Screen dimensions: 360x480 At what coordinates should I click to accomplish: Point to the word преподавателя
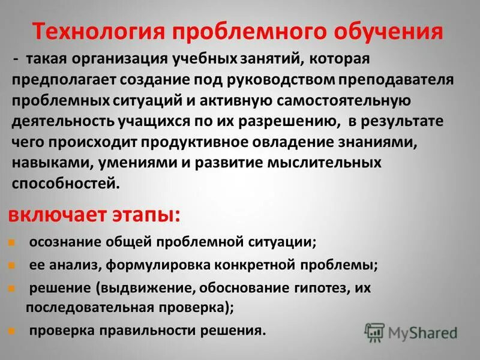pos(387,79)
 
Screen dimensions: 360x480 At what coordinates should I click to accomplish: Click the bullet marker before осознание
pos(12,242)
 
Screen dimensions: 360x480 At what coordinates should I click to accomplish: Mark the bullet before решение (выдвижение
pos(12,287)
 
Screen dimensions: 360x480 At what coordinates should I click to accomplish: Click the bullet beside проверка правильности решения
pos(12,330)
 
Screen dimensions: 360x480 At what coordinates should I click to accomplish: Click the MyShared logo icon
pos(374,331)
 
